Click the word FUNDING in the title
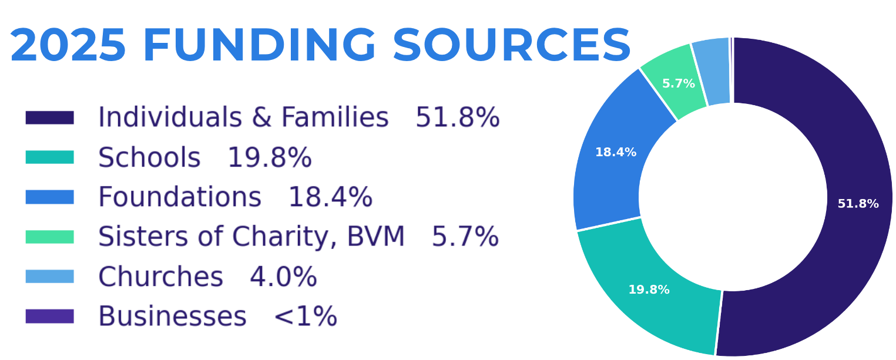259,45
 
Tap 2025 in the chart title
68,45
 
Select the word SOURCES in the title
512,45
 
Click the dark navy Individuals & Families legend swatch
49,117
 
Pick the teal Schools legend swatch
49,157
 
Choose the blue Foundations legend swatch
49,197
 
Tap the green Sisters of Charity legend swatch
49,237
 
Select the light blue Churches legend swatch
49,277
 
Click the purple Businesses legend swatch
49,316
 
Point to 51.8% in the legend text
458,117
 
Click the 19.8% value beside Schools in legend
270,157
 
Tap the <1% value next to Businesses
306,317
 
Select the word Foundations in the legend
180,197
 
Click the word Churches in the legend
161,277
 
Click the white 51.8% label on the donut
858,204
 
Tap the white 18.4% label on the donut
616,152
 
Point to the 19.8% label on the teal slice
649,290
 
